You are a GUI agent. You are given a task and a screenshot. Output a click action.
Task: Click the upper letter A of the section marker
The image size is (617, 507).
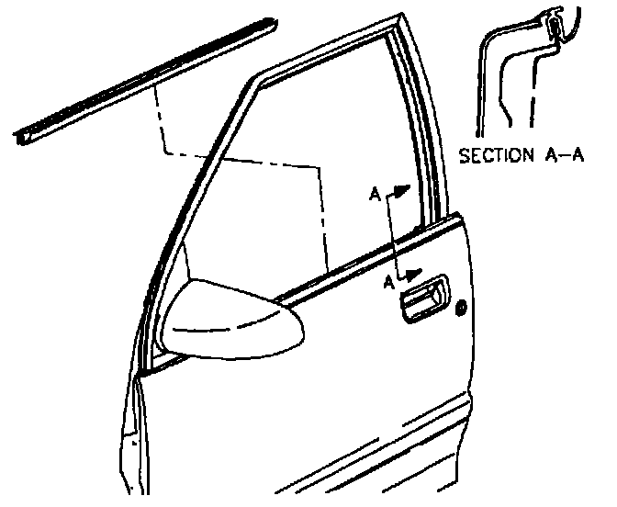tap(374, 194)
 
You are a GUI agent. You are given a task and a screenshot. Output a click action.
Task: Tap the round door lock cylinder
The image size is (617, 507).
tap(460, 307)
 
